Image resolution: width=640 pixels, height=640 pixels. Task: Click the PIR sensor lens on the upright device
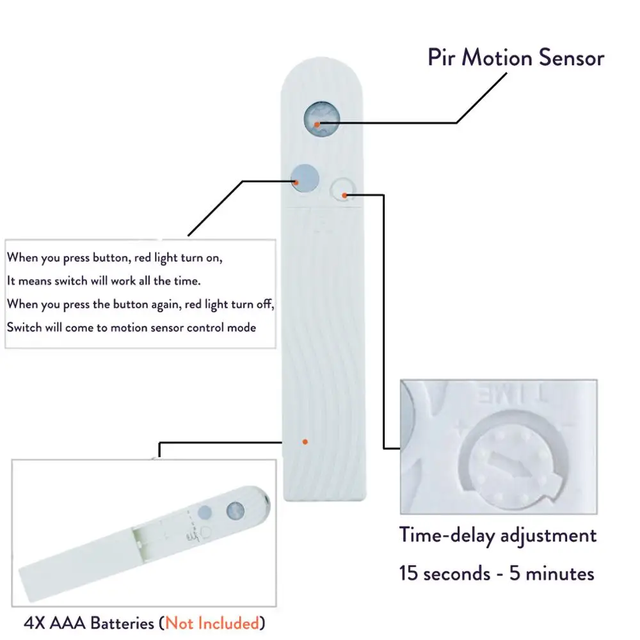(x=321, y=119)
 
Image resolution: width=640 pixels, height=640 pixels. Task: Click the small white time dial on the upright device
(x=342, y=189)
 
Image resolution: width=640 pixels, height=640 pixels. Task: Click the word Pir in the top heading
(x=442, y=58)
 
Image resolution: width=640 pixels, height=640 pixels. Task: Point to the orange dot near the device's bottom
(x=305, y=442)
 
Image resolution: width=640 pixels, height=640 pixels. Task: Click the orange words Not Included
(x=212, y=622)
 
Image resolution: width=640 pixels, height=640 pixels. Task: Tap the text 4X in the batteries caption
(x=33, y=622)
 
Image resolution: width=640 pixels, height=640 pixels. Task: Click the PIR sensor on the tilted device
(x=235, y=510)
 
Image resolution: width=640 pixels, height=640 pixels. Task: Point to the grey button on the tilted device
(x=205, y=512)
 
